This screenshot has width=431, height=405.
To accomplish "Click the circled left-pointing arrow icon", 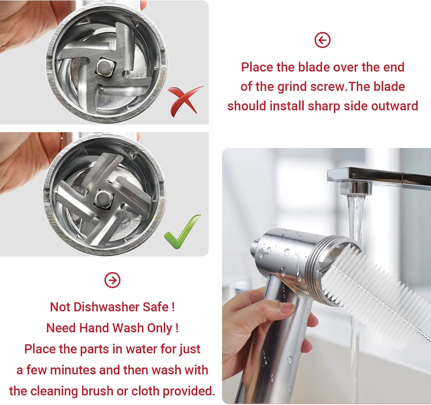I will [x=322, y=40].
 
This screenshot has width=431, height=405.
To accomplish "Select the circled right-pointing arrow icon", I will [x=112, y=280].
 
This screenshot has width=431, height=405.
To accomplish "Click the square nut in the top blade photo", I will [x=105, y=67].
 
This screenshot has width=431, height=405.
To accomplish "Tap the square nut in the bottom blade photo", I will [x=103, y=198].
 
